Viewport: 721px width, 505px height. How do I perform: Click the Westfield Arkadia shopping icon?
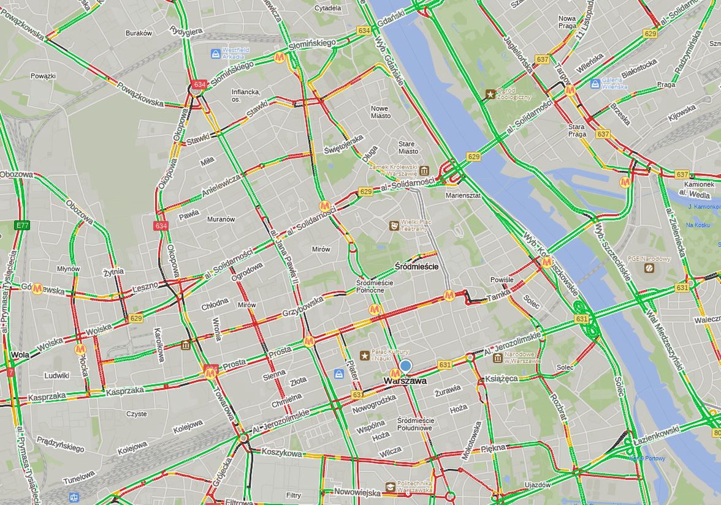pos(215,54)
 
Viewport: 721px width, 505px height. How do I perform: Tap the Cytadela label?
pos(327,8)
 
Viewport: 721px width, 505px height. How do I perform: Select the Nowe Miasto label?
pos(380,112)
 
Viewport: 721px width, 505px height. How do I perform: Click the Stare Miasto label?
pos(408,148)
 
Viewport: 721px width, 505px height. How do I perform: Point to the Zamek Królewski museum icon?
pos(425,170)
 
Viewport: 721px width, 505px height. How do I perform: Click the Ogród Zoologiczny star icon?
pos(490,94)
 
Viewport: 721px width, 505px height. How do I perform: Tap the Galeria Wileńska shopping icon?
pos(594,83)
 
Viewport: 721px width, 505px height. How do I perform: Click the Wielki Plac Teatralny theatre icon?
pos(393,226)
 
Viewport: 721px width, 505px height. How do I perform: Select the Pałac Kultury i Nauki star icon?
pos(365,355)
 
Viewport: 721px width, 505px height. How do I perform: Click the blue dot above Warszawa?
pos(405,366)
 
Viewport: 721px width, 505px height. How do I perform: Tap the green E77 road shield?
pos(22,226)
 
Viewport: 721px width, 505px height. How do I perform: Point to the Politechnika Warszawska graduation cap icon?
pos(391,487)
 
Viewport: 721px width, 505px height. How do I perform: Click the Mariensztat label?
pos(463,195)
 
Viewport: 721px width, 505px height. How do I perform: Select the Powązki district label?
pos(43,77)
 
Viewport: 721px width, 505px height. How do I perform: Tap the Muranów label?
pos(221,219)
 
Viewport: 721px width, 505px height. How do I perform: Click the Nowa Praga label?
pos(567,23)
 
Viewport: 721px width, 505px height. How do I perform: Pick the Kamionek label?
pos(699,184)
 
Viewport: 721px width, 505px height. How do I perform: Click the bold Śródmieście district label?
pos(416,267)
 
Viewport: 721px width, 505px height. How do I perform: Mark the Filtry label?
pos(294,495)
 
